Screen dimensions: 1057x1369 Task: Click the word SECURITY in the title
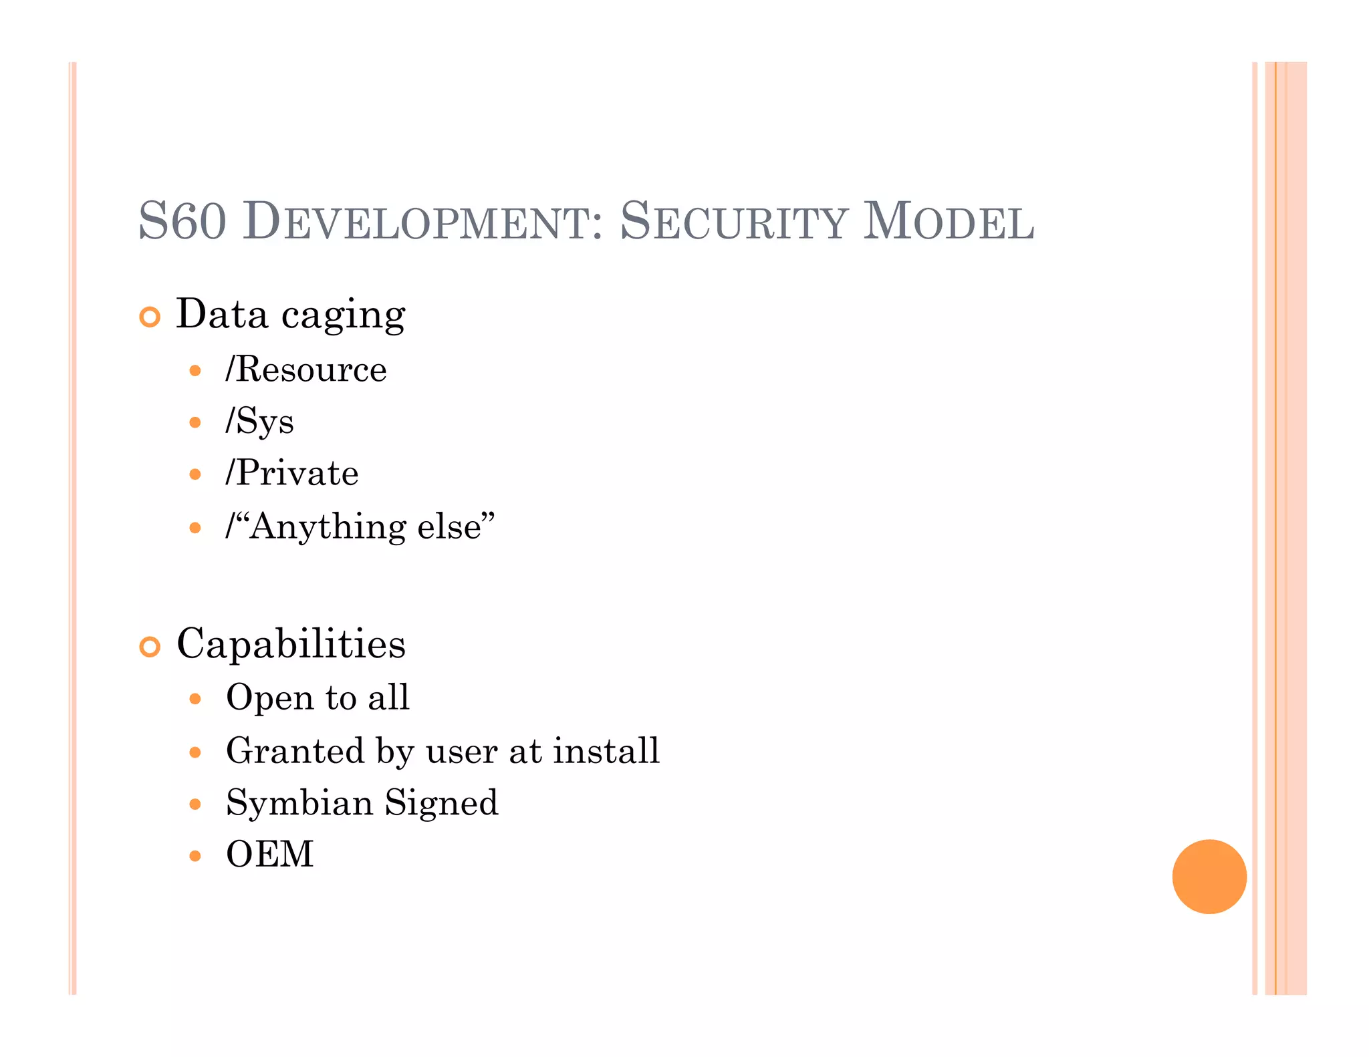(x=734, y=222)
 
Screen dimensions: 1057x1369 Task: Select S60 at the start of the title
(x=182, y=222)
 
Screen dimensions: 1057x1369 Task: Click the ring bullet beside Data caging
(x=150, y=317)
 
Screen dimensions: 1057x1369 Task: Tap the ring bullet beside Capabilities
(x=150, y=646)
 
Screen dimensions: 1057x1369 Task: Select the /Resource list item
(x=306, y=369)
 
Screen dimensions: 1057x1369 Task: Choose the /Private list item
(x=292, y=474)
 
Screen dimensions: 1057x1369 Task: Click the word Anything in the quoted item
(x=328, y=527)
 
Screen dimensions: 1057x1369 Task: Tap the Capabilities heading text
(x=291, y=644)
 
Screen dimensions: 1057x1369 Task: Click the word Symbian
(x=299, y=803)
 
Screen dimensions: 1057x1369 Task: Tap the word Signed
(x=441, y=803)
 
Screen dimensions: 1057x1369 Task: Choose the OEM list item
(x=270, y=855)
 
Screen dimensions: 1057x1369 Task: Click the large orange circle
(x=1209, y=876)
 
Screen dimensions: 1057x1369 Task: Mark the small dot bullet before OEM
(x=195, y=856)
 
